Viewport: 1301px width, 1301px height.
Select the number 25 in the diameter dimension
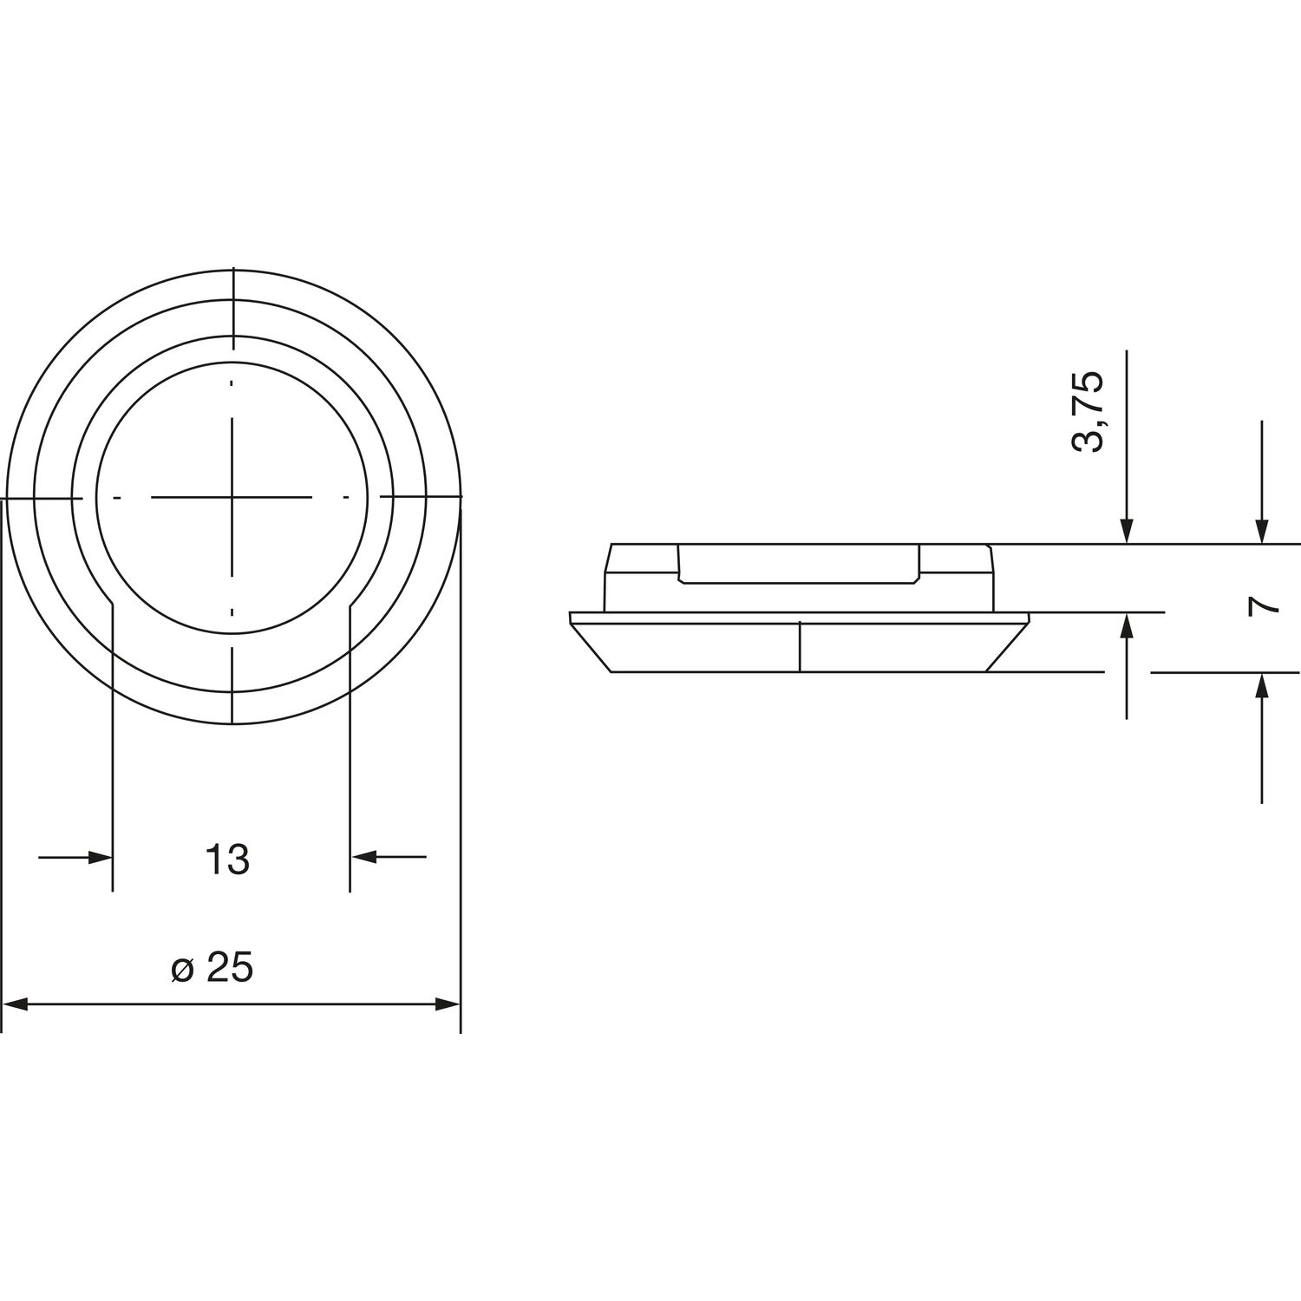(231, 969)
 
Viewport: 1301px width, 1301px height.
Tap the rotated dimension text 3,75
(1088, 411)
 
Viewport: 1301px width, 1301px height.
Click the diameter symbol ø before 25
(182, 971)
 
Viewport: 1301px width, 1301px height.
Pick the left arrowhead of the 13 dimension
(101, 858)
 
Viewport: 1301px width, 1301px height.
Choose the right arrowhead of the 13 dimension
(363, 857)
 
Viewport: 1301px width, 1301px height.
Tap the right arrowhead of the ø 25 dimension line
(448, 1005)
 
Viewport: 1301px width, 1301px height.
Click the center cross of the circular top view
(232, 497)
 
